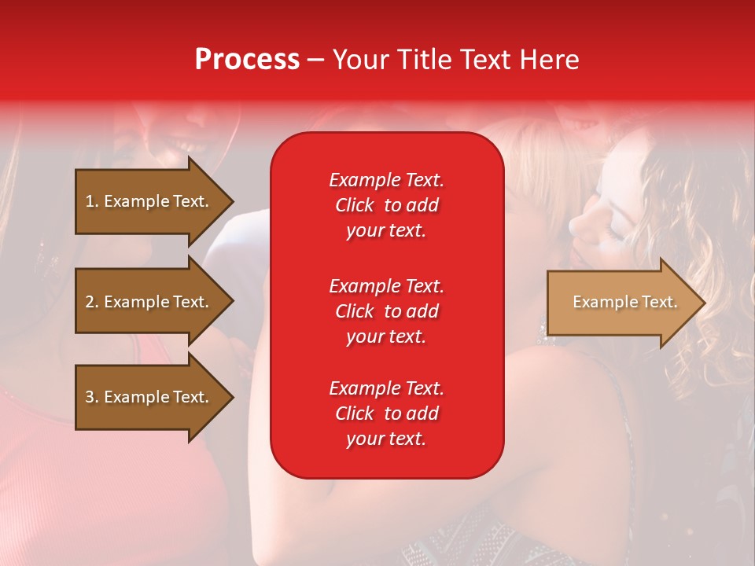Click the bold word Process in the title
tap(247, 60)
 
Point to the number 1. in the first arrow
tap(92, 201)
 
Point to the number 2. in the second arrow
tap(92, 302)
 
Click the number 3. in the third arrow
tap(92, 397)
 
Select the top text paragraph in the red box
tap(386, 205)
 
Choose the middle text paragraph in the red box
tap(386, 311)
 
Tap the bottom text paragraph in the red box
tap(386, 413)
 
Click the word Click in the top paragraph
tap(355, 206)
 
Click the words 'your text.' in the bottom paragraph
tap(386, 439)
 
